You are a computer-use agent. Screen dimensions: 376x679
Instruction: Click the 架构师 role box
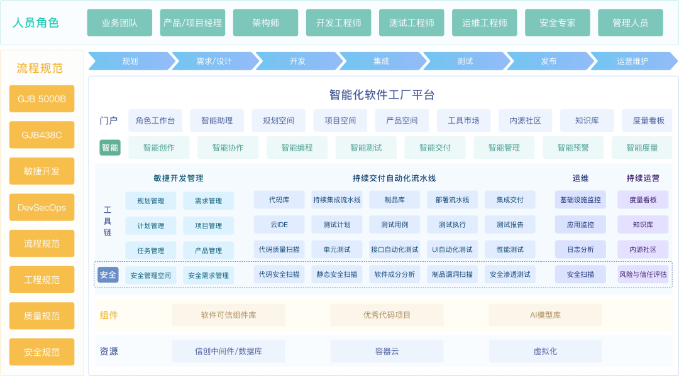pos(265,23)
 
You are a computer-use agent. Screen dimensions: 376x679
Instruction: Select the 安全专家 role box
pos(557,23)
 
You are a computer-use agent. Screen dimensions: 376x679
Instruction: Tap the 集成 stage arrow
pos(381,61)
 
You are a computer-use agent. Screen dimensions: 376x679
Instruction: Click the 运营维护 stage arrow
pos(632,61)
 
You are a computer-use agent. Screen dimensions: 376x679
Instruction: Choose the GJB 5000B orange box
pos(41,99)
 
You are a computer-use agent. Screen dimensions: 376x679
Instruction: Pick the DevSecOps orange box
pos(41,207)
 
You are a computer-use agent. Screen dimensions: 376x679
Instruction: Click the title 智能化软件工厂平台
pos(382,95)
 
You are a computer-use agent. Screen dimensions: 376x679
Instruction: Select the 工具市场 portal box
pos(463,121)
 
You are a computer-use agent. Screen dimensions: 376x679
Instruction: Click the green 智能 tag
pos(109,148)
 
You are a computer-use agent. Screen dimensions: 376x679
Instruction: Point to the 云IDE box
pos(279,224)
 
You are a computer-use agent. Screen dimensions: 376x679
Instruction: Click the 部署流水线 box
pos(452,200)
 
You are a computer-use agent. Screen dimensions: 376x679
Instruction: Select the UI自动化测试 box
pos(452,249)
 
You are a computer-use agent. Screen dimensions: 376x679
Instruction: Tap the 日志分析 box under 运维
pos(580,249)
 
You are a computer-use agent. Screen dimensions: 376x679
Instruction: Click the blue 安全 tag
pos(108,274)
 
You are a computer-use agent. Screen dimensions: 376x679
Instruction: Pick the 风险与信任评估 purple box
pos(643,274)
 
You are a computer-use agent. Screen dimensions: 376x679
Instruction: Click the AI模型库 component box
pos(545,315)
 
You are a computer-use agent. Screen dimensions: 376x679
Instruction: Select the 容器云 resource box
pos(387,351)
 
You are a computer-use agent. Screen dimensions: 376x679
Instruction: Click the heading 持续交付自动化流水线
pos(394,178)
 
